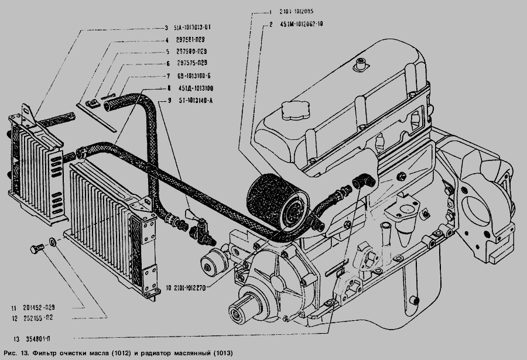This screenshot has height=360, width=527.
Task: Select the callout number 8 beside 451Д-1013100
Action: pyautogui.click(x=169, y=88)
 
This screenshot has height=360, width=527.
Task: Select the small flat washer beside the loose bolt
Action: pyautogui.click(x=53, y=241)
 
